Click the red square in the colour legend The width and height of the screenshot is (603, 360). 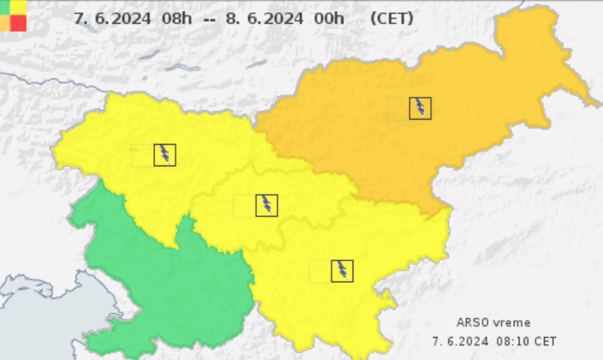19,23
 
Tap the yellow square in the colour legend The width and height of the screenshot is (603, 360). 19,6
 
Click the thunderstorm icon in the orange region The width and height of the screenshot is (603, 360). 420,108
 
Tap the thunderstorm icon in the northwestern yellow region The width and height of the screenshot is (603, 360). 165,154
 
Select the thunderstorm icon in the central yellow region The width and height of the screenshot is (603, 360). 267,205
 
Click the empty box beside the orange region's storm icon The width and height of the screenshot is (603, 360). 398,108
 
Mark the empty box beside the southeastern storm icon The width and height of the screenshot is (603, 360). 319,271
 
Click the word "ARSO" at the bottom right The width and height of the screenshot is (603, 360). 472,323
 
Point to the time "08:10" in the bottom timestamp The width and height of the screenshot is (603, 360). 509,340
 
